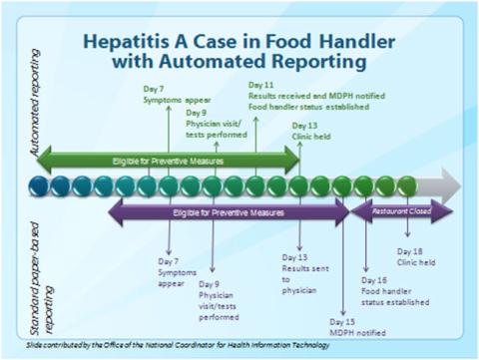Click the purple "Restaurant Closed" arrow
point(400,212)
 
